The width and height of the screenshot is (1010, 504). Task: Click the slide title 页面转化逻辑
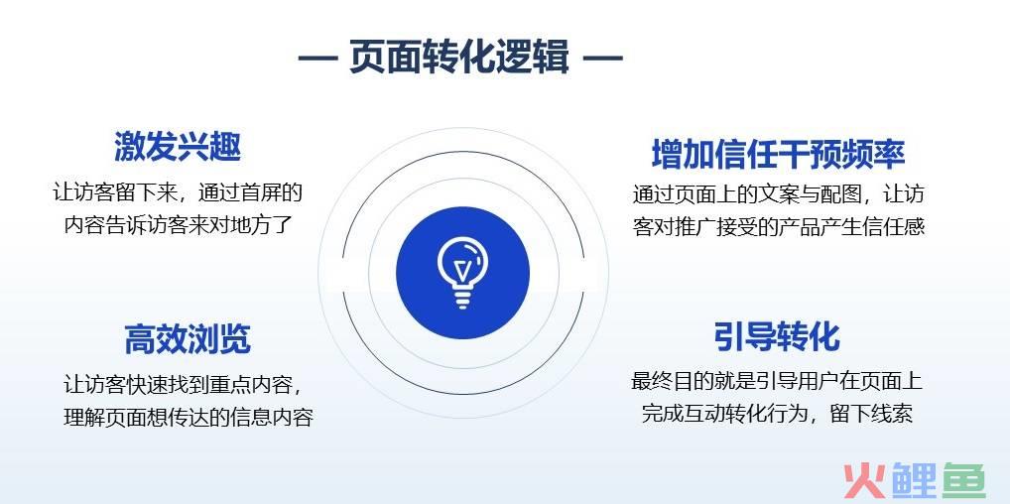(459, 57)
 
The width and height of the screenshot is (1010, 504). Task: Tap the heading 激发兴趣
(178, 146)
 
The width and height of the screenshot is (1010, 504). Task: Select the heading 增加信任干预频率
(778, 154)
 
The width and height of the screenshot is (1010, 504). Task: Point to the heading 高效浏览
(188, 339)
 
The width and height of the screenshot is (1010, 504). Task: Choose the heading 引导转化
(777, 336)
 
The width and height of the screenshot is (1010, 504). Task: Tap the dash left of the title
(317, 58)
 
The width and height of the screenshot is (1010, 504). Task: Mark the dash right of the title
(603, 58)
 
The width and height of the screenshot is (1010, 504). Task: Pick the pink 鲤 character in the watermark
(913, 481)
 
